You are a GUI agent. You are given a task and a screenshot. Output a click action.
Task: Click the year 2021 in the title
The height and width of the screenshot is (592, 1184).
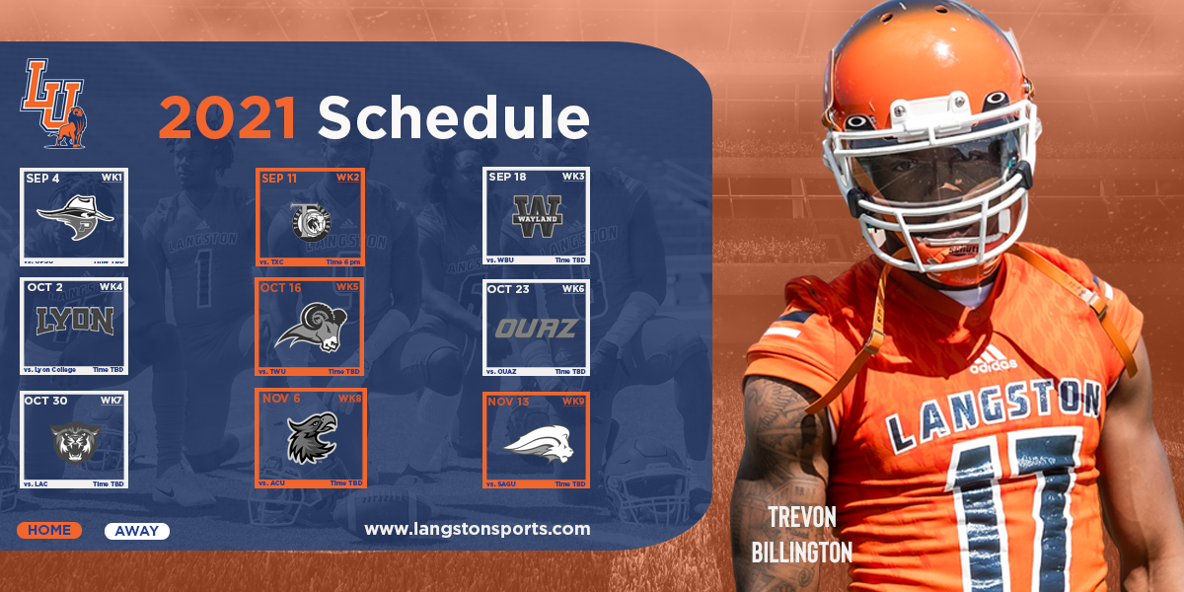click(x=228, y=117)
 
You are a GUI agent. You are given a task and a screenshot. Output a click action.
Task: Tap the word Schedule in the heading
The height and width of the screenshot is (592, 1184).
click(x=453, y=117)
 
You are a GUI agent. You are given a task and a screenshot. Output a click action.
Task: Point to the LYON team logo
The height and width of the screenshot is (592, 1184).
click(x=75, y=321)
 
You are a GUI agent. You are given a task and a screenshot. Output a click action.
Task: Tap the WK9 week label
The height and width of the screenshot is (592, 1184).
click(x=573, y=402)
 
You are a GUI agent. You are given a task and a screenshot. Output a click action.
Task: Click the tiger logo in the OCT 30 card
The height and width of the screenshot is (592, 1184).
click(x=75, y=442)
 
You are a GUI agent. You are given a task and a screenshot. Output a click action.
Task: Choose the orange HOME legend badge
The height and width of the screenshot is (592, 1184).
click(x=49, y=531)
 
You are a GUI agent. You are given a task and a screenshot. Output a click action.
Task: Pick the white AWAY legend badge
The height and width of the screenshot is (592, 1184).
click(x=136, y=531)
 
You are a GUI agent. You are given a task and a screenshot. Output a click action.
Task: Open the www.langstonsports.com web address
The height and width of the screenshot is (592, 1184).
click(x=478, y=529)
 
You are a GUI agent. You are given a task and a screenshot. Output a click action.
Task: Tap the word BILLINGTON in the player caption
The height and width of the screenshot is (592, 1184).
click(x=801, y=552)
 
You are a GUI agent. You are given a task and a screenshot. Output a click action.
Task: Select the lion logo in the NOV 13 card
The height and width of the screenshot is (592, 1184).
click(x=537, y=445)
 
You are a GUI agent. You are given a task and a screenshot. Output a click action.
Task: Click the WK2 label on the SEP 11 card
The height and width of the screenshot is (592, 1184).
click(x=347, y=178)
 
